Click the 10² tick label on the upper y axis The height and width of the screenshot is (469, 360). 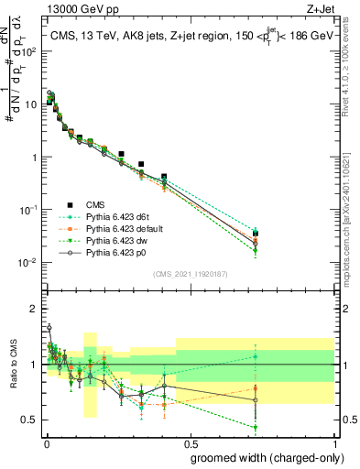29,51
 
